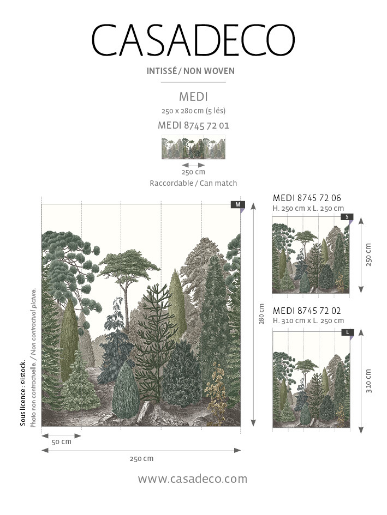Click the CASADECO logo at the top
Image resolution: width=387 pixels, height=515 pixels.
pos(193,40)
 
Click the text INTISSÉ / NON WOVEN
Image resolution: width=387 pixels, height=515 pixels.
pos(190,71)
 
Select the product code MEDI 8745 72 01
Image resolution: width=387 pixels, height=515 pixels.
pos(193,125)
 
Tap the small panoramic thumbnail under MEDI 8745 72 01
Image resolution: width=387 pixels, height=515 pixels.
pos(193,147)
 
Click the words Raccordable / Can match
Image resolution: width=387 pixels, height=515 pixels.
pos(193,183)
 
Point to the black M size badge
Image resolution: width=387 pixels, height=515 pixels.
pos(238,204)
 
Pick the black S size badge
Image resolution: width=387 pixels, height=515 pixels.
pos(347,217)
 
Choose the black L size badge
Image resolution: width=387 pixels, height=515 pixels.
pos(348,332)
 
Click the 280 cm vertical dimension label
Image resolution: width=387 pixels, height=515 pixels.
pos(262,314)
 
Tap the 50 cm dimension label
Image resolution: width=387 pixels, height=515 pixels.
pos(62,442)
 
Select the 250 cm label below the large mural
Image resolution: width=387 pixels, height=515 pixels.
pos(141,458)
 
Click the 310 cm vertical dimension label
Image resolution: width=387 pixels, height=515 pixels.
pos(368,381)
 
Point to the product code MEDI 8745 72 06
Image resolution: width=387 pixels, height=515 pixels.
pos(307,198)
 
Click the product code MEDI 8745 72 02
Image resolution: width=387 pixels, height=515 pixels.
pos(307,311)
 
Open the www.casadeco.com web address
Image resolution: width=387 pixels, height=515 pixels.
pos(193,479)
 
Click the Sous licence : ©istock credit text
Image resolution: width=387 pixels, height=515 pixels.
pos(23,393)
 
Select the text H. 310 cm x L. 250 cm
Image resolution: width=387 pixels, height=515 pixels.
pos(308,320)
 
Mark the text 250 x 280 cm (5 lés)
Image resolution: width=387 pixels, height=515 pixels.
pos(193,111)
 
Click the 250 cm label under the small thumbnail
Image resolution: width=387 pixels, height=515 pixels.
pos(193,172)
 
